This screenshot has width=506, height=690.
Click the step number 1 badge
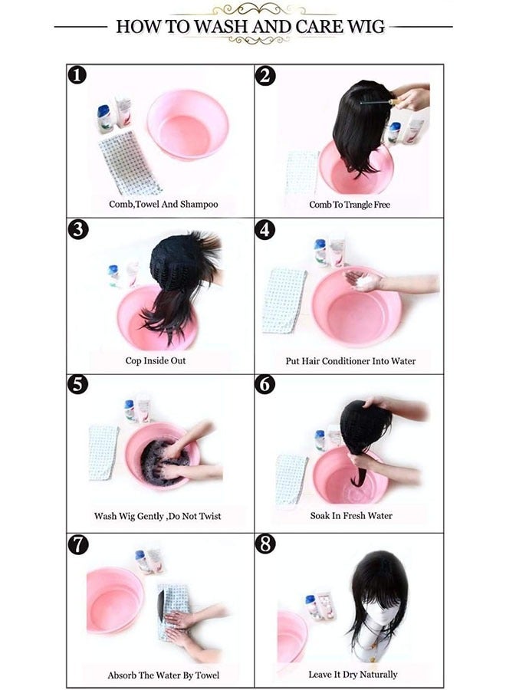77,75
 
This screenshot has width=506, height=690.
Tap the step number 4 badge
264,230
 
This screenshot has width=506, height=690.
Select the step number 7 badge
77,545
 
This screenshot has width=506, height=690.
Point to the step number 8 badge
264,544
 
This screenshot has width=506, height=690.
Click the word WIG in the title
366,26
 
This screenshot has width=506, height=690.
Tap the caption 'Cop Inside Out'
156,361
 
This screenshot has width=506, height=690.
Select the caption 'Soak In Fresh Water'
351,516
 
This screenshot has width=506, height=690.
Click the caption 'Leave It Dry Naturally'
353,675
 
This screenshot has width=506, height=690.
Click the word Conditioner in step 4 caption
347,361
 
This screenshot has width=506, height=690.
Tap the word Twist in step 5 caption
208,516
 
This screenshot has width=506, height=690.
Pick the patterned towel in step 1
130,163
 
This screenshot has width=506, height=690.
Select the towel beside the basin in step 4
284,301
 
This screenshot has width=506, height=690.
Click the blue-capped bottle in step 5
129,411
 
